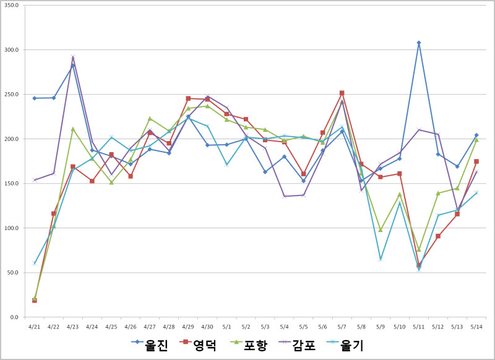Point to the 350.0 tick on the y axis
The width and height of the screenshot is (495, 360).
coord(12,5)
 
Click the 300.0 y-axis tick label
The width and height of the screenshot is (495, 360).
coord(12,49)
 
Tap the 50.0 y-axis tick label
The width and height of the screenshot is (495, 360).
coord(13,272)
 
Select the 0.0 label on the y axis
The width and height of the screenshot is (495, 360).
coord(15,317)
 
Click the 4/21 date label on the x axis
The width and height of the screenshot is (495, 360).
coord(35,325)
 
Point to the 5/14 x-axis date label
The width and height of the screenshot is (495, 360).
coord(476,325)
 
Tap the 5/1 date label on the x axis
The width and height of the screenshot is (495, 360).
coord(226,325)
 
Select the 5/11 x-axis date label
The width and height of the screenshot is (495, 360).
coord(419,325)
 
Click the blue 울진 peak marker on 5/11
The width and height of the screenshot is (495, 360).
coord(419,43)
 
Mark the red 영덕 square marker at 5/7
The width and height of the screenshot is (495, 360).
coord(342,93)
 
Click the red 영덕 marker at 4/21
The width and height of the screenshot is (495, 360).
coord(35,300)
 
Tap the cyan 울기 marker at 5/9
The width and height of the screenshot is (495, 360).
coord(381,259)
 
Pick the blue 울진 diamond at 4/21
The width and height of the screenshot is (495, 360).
coord(35,98)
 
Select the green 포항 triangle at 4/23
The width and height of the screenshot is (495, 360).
coord(73,129)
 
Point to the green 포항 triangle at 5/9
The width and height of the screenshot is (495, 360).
coord(381,229)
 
